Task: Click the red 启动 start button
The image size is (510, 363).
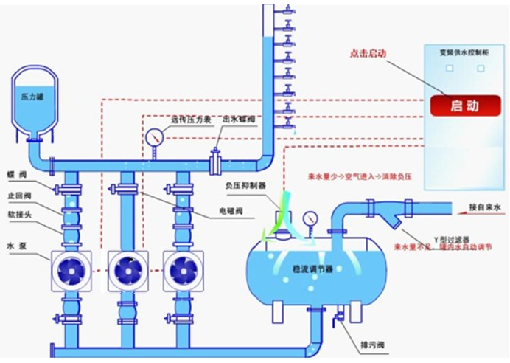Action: point(464,106)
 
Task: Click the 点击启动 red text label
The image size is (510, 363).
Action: point(368,54)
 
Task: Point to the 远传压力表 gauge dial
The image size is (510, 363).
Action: point(154,137)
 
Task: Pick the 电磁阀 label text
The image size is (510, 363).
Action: point(232,211)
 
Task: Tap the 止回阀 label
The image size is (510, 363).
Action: point(18,196)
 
